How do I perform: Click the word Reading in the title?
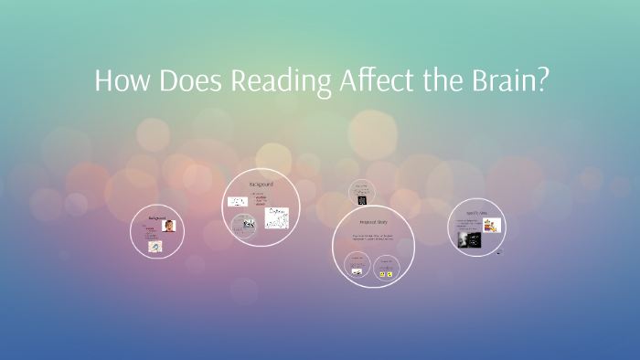(x=279, y=81)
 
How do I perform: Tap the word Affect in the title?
(x=374, y=81)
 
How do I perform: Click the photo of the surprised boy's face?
(x=169, y=226)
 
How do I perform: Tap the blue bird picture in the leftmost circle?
(x=155, y=246)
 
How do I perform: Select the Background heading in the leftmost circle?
(x=157, y=217)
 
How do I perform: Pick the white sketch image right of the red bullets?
(x=277, y=218)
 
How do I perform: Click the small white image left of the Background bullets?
(x=236, y=201)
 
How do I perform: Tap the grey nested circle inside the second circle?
(x=244, y=225)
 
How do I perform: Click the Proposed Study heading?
(x=373, y=222)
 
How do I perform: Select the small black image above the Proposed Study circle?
(x=362, y=199)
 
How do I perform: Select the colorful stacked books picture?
(x=493, y=225)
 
